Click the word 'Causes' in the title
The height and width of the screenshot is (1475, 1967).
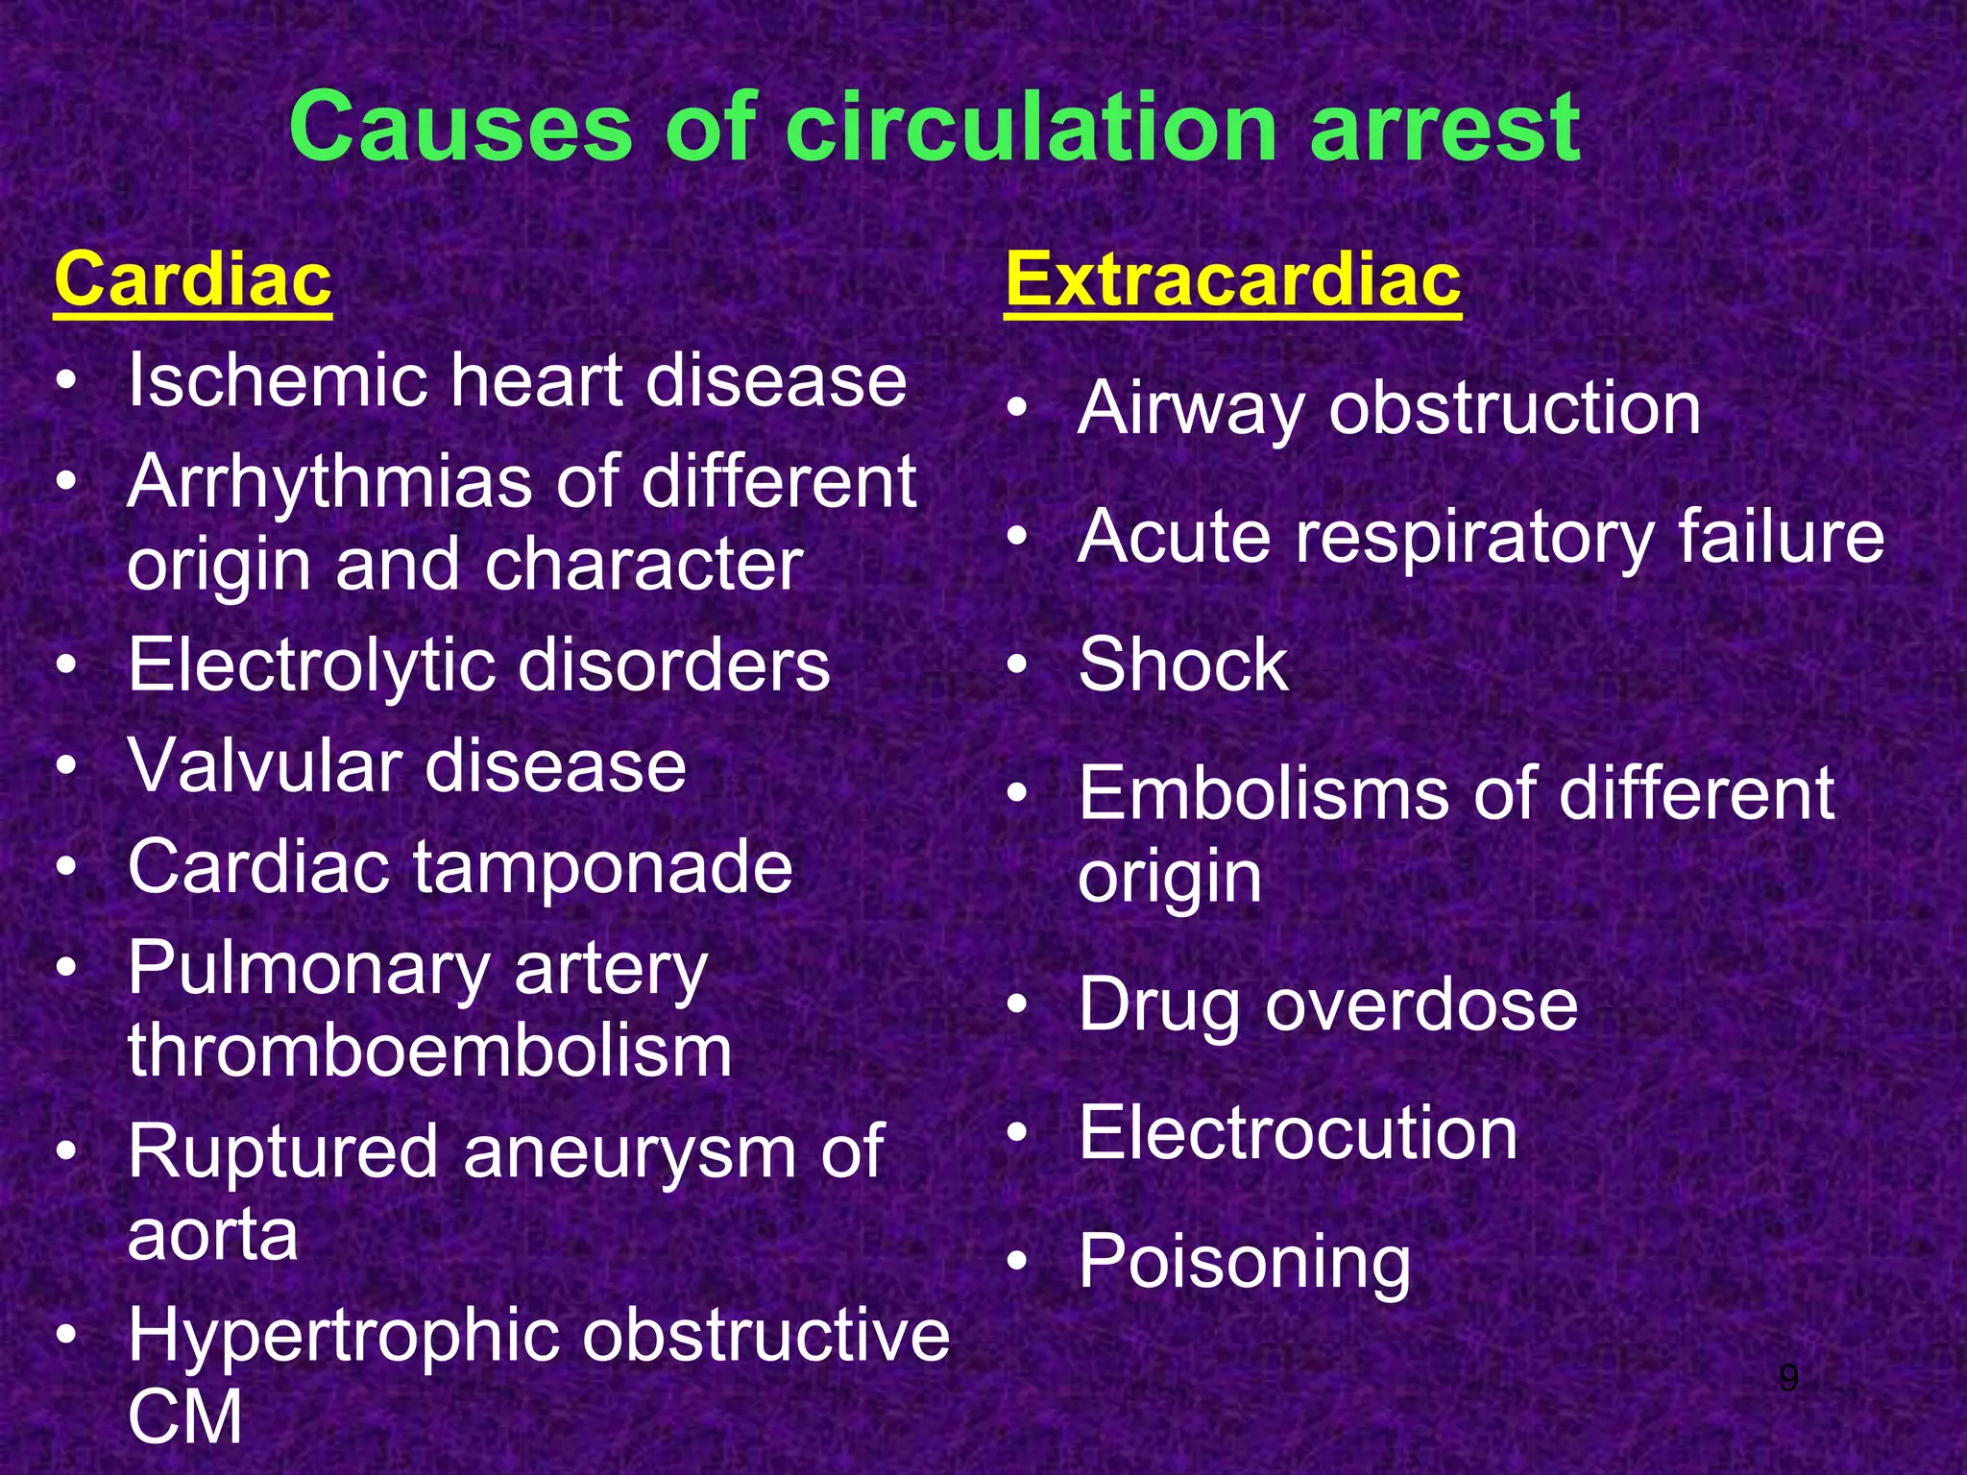click(460, 128)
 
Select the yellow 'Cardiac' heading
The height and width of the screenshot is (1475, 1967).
click(193, 279)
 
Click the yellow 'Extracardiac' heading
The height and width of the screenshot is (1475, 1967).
click(1232, 279)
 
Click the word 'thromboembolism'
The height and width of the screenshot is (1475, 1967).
click(429, 1051)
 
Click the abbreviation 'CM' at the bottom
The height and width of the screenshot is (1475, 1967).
click(184, 1417)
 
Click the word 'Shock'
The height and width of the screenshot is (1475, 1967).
click(1182, 665)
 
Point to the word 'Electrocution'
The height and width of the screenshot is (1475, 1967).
click(1298, 1133)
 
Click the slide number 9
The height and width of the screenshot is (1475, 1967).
click(1787, 1378)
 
